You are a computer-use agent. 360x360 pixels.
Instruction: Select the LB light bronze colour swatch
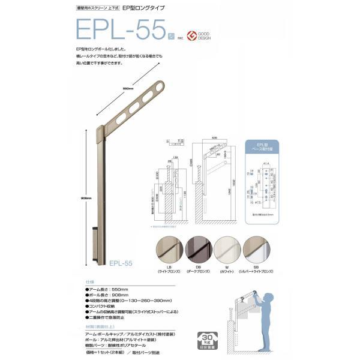coord(169,248)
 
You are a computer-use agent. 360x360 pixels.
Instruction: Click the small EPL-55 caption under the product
coord(121,263)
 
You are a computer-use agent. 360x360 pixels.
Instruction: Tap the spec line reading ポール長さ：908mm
coord(107,296)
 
